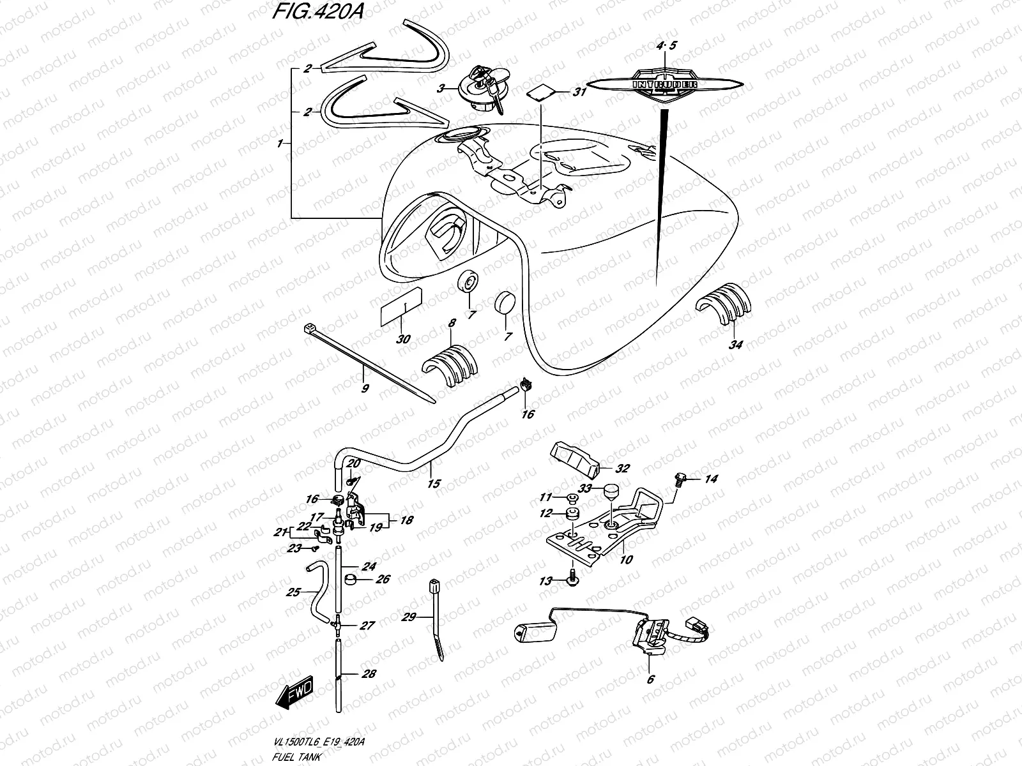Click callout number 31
tap(579, 93)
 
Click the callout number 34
tap(736, 345)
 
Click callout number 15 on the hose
tap(433, 484)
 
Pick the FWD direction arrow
tap(295, 689)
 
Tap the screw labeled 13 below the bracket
tap(572, 581)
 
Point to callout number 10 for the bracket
tap(626, 560)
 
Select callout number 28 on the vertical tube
tap(369, 673)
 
